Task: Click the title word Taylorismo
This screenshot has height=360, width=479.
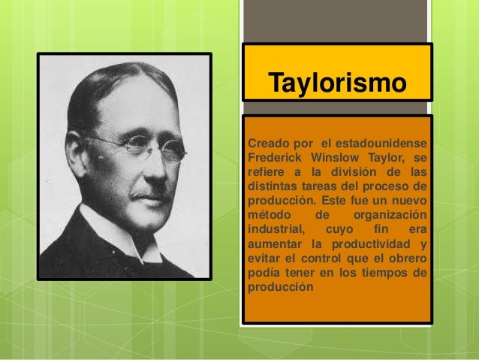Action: point(336,83)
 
